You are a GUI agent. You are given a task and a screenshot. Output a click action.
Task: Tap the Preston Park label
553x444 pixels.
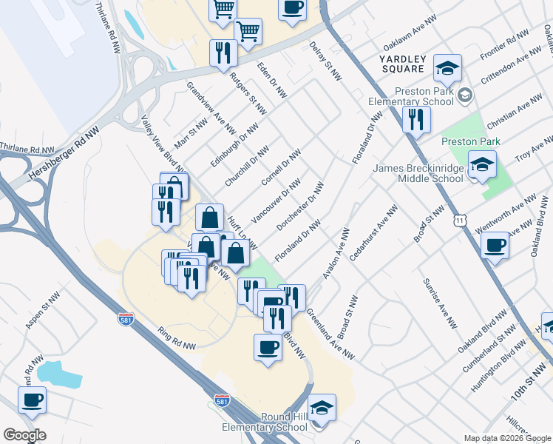coord(470,141)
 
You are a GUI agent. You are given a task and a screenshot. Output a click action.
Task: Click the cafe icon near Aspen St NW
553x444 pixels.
coord(33,400)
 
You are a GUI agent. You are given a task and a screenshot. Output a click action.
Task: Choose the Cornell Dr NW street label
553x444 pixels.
coord(282,169)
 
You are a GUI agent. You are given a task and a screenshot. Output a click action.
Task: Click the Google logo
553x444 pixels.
coord(24,435)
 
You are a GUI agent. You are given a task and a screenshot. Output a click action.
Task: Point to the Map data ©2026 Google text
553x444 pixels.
coord(506,438)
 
